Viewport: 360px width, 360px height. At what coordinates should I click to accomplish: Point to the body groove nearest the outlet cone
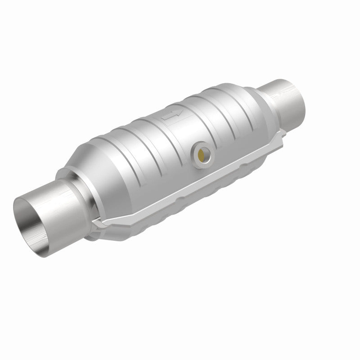234,112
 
